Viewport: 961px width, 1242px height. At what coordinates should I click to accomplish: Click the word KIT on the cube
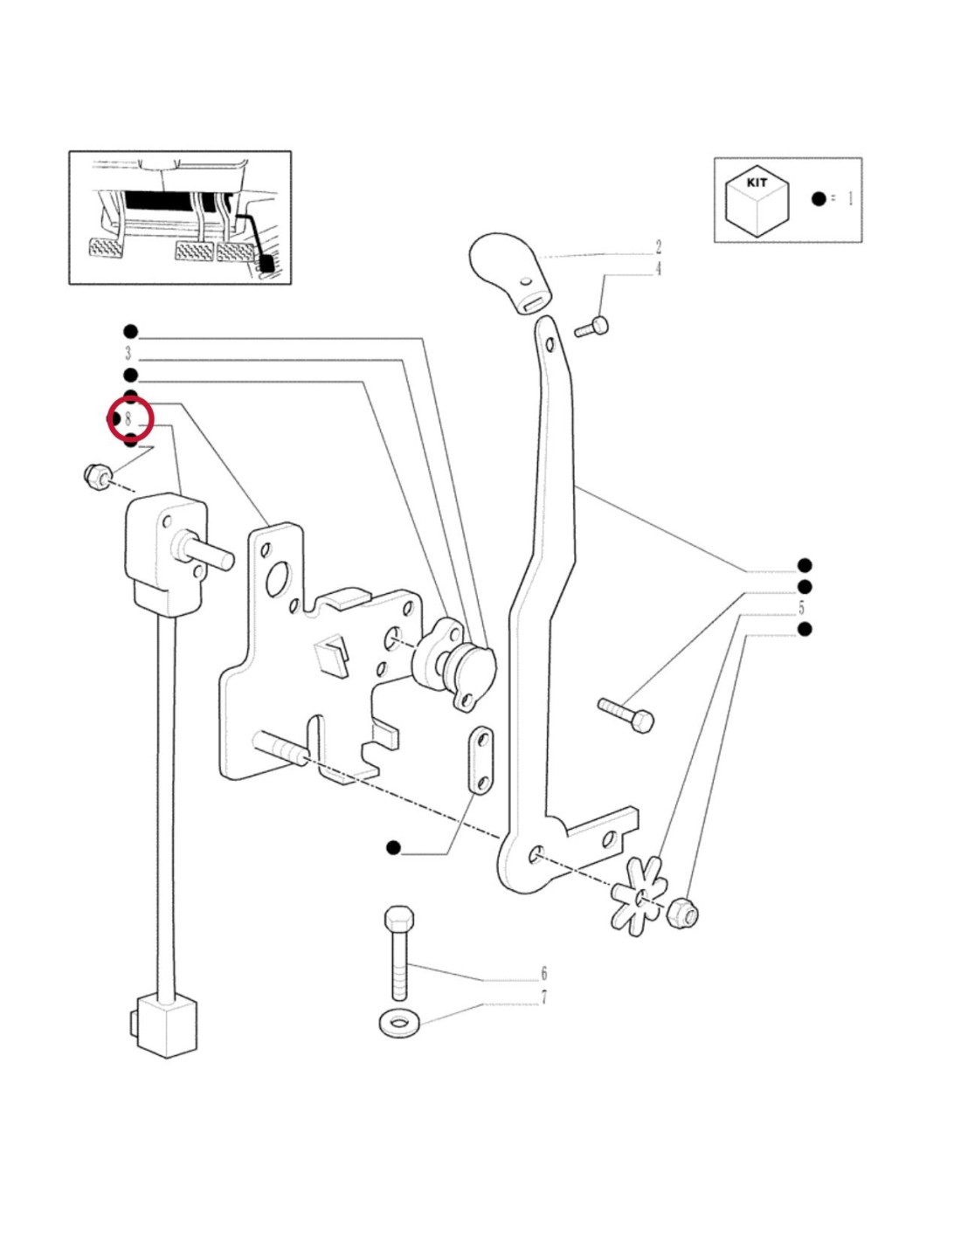tap(757, 183)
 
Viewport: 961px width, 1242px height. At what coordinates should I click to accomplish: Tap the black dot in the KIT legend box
tap(819, 199)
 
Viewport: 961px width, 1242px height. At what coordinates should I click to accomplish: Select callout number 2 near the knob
tap(659, 248)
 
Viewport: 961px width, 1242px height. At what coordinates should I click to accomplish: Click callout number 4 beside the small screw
tap(659, 269)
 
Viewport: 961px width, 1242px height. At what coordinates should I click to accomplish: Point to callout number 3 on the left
tap(128, 354)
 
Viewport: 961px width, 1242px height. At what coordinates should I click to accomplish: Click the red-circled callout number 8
tap(129, 419)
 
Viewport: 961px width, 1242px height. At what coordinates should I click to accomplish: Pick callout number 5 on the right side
tap(801, 608)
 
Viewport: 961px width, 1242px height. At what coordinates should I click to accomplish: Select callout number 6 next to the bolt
tap(544, 973)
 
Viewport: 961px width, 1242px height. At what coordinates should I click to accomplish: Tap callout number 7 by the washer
tap(544, 997)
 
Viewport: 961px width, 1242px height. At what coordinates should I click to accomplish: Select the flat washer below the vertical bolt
tap(398, 1022)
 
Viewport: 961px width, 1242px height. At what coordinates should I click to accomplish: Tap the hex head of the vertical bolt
tap(398, 920)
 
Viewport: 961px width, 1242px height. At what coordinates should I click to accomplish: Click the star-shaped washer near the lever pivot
tap(640, 895)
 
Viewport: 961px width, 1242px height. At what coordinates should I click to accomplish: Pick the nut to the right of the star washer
tap(681, 914)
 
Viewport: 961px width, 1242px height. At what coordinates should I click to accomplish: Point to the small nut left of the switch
tap(96, 476)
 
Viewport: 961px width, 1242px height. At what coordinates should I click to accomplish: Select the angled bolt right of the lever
tap(627, 714)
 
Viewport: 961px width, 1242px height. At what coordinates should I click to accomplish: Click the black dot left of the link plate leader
tap(393, 847)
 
